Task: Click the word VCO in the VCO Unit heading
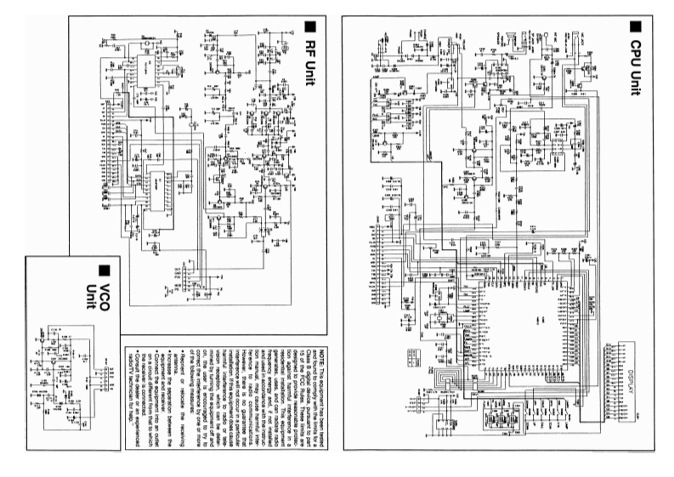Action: coord(105,285)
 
